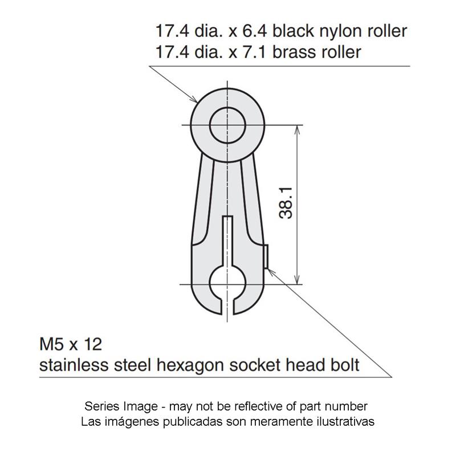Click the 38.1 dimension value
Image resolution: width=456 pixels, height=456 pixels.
coord(286,203)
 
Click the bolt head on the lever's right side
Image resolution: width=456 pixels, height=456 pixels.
coord(266,256)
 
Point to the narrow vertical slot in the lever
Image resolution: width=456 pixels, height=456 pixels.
coord(227,241)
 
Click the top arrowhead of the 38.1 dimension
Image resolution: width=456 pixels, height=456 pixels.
coord(297,131)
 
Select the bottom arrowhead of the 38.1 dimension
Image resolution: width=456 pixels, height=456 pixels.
coord(297,279)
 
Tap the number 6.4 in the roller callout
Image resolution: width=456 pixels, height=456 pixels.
coord(254,31)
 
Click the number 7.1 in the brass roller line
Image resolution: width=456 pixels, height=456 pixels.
coord(254,52)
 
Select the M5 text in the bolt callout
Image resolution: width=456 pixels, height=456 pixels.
coord(51,344)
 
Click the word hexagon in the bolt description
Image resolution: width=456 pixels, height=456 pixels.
coord(190,365)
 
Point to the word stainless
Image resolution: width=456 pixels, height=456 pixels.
coord(74,365)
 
